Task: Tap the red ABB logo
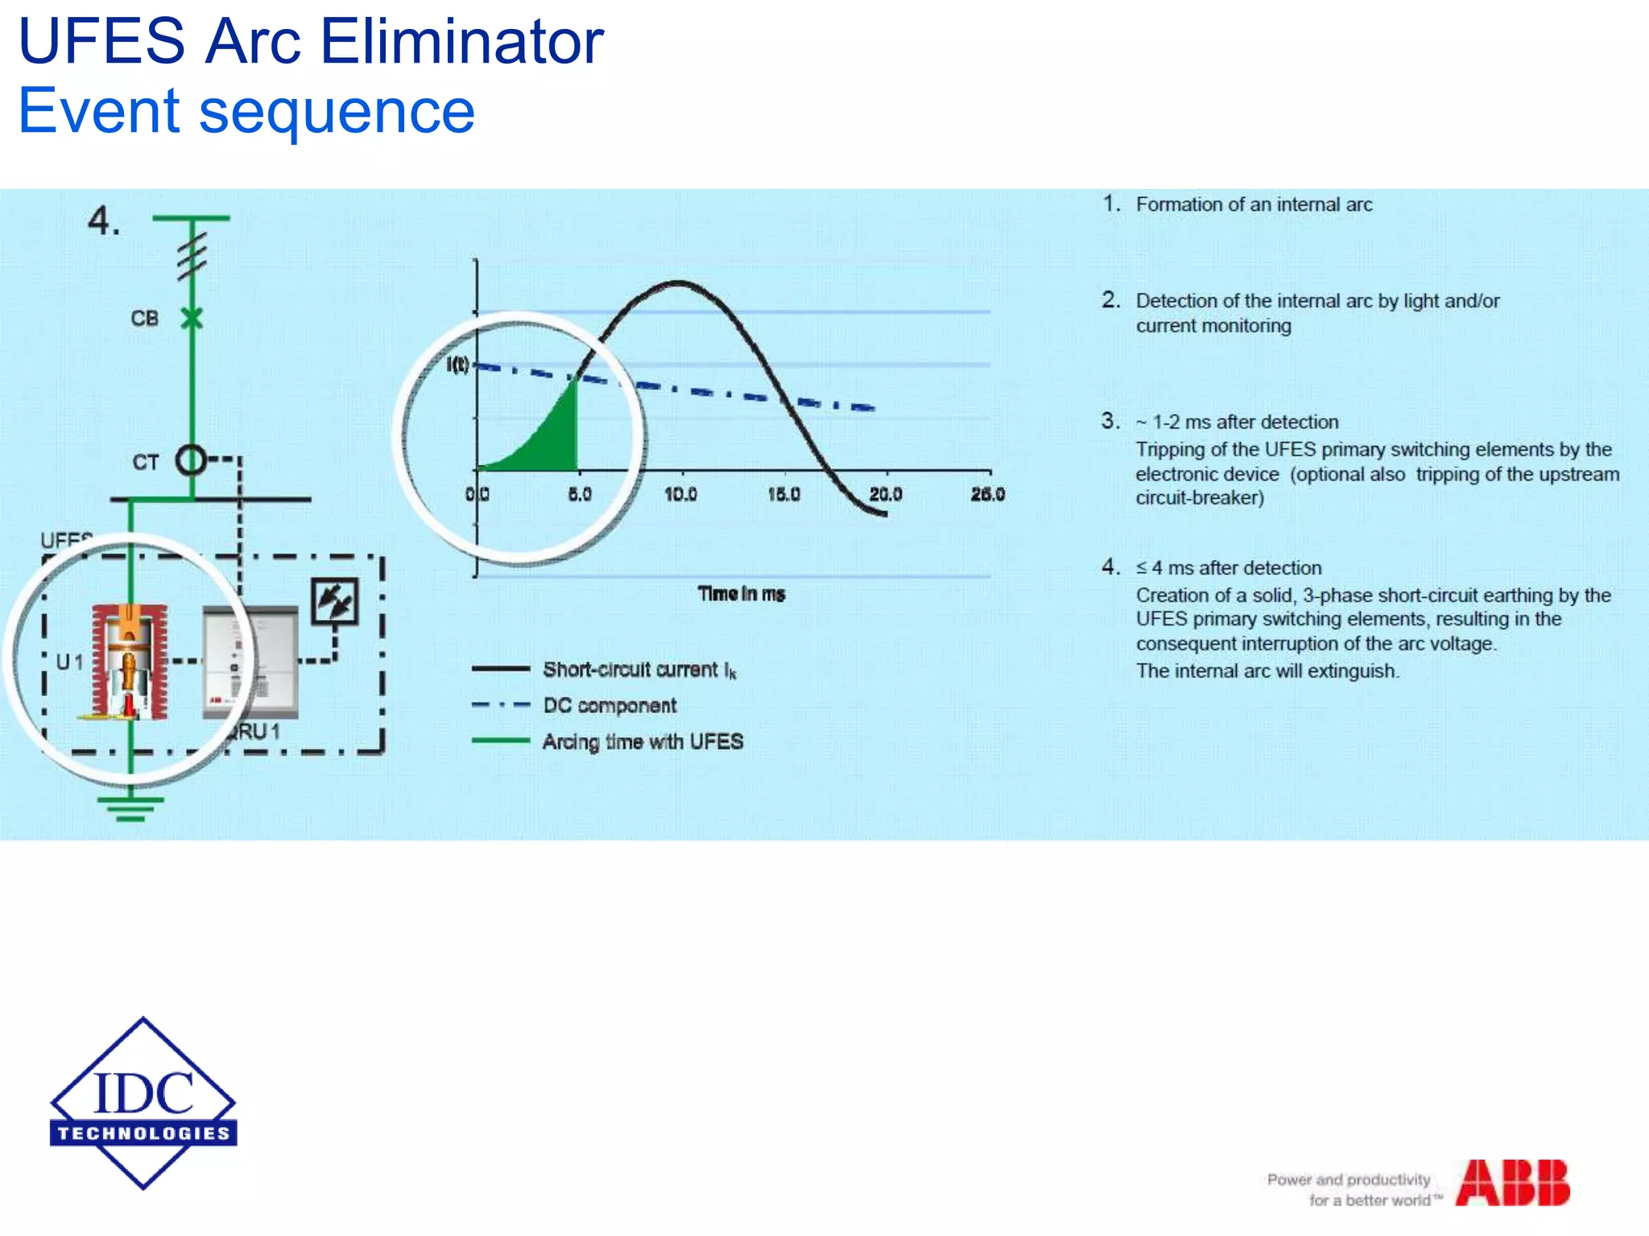[x=1512, y=1183]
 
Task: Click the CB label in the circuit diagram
[x=145, y=319]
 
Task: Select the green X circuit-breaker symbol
[x=192, y=319]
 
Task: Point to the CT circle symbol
[x=192, y=461]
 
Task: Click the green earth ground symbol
[x=130, y=808]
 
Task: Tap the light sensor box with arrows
[x=335, y=601]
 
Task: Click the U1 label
[x=69, y=662]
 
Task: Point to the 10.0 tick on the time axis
[x=681, y=494]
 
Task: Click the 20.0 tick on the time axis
[x=886, y=494]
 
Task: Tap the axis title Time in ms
[x=741, y=594]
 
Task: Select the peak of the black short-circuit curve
[x=679, y=282]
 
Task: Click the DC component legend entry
[x=610, y=706]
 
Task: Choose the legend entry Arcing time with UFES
[x=642, y=742]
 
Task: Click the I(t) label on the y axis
[x=457, y=365]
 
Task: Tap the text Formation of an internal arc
[x=1254, y=204]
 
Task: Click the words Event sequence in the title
[x=246, y=111]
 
